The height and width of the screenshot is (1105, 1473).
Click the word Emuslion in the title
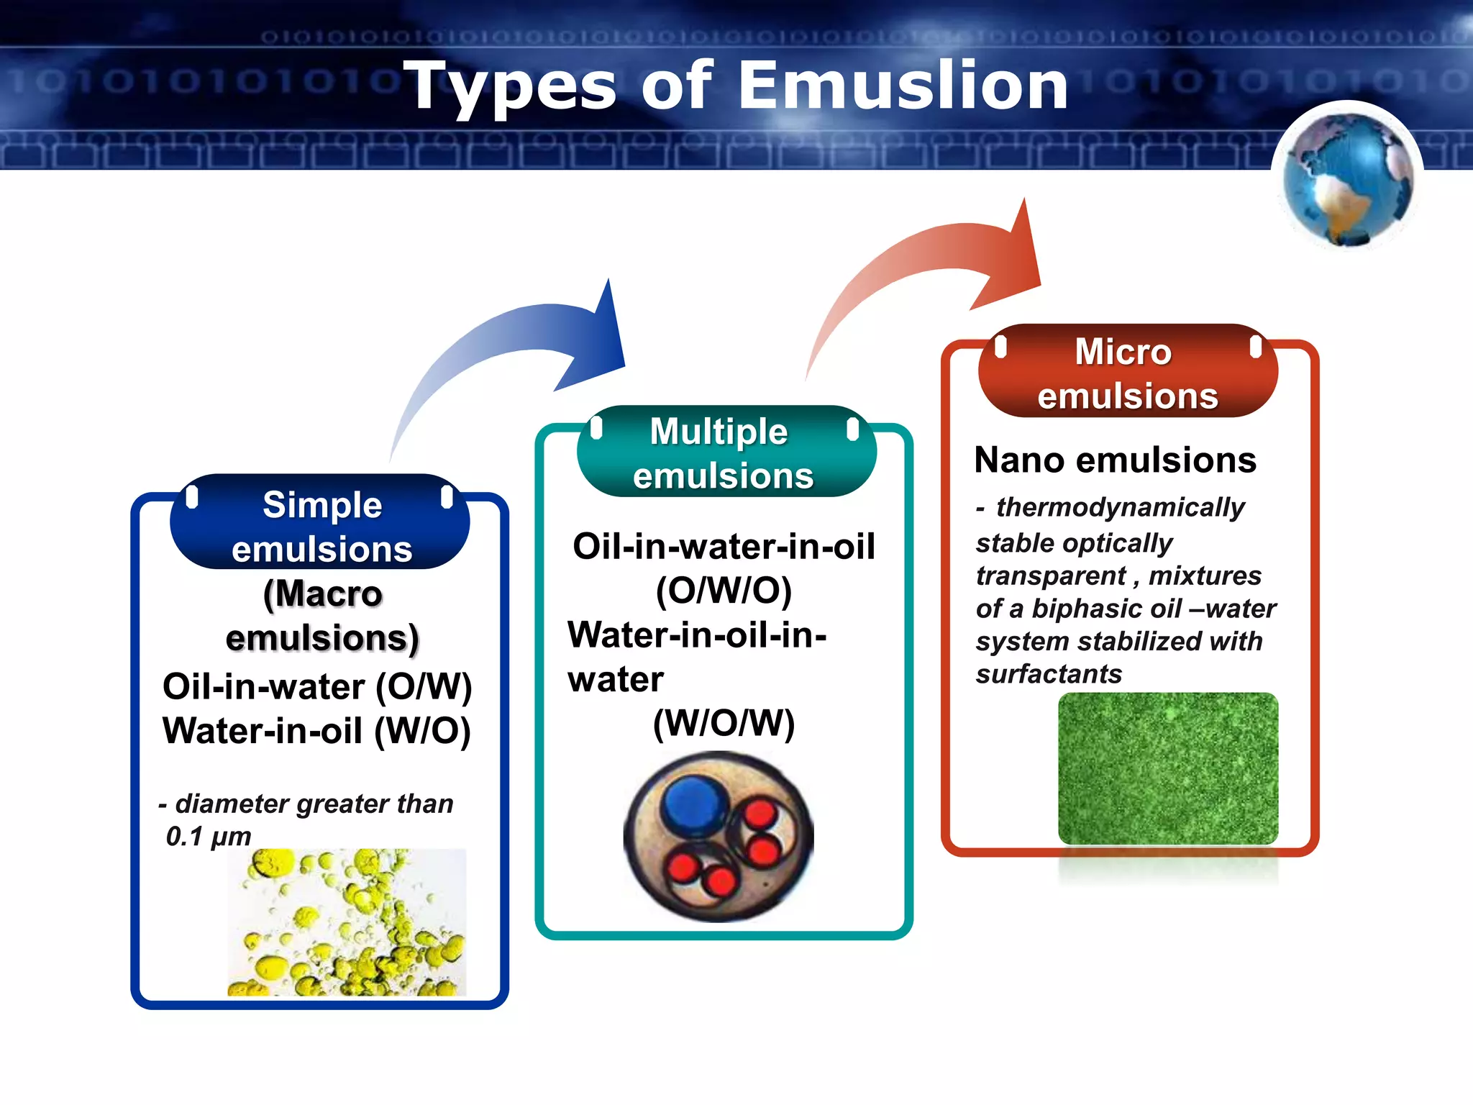903,86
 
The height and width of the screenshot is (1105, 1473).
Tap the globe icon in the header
1347,179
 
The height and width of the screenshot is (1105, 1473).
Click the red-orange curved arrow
935,266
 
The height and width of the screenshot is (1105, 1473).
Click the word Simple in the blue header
321,505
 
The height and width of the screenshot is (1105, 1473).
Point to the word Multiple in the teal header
719,432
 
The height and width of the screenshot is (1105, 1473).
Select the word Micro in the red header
1123,352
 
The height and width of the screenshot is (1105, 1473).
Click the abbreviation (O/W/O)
724,591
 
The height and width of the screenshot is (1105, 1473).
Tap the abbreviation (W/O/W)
724,723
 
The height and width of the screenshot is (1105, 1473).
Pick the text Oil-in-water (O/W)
317,686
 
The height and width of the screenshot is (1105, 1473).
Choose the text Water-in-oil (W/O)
316,731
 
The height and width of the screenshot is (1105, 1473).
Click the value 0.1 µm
209,836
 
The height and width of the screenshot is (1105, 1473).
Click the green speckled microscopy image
1168,768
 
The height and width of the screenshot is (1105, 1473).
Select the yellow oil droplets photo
347,923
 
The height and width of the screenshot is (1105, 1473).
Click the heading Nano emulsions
1115,460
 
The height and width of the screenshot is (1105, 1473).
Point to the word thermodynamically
1120,508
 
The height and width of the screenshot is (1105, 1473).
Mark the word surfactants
1049,674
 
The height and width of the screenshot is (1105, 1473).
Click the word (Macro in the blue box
322,594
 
